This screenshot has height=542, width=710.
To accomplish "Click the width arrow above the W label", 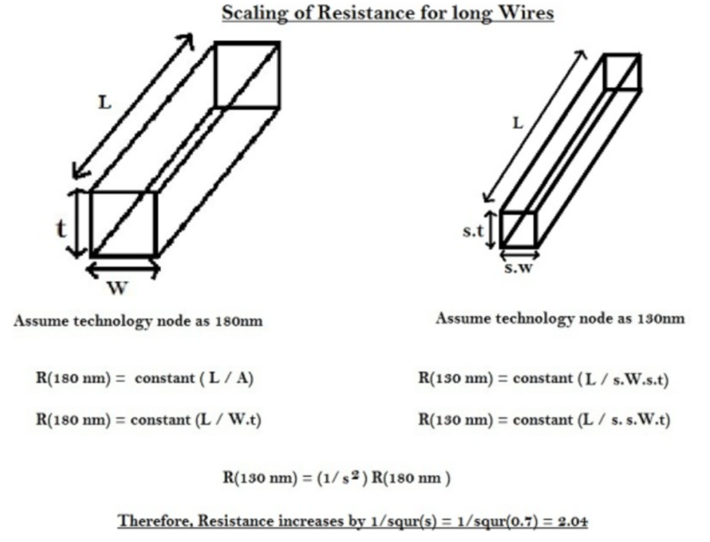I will (122, 269).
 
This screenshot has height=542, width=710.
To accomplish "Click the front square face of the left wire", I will (123, 224).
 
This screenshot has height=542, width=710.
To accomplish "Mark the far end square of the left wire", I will (247, 74).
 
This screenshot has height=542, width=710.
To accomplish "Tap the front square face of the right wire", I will (519, 229).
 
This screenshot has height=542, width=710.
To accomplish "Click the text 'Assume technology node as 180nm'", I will (141, 322).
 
